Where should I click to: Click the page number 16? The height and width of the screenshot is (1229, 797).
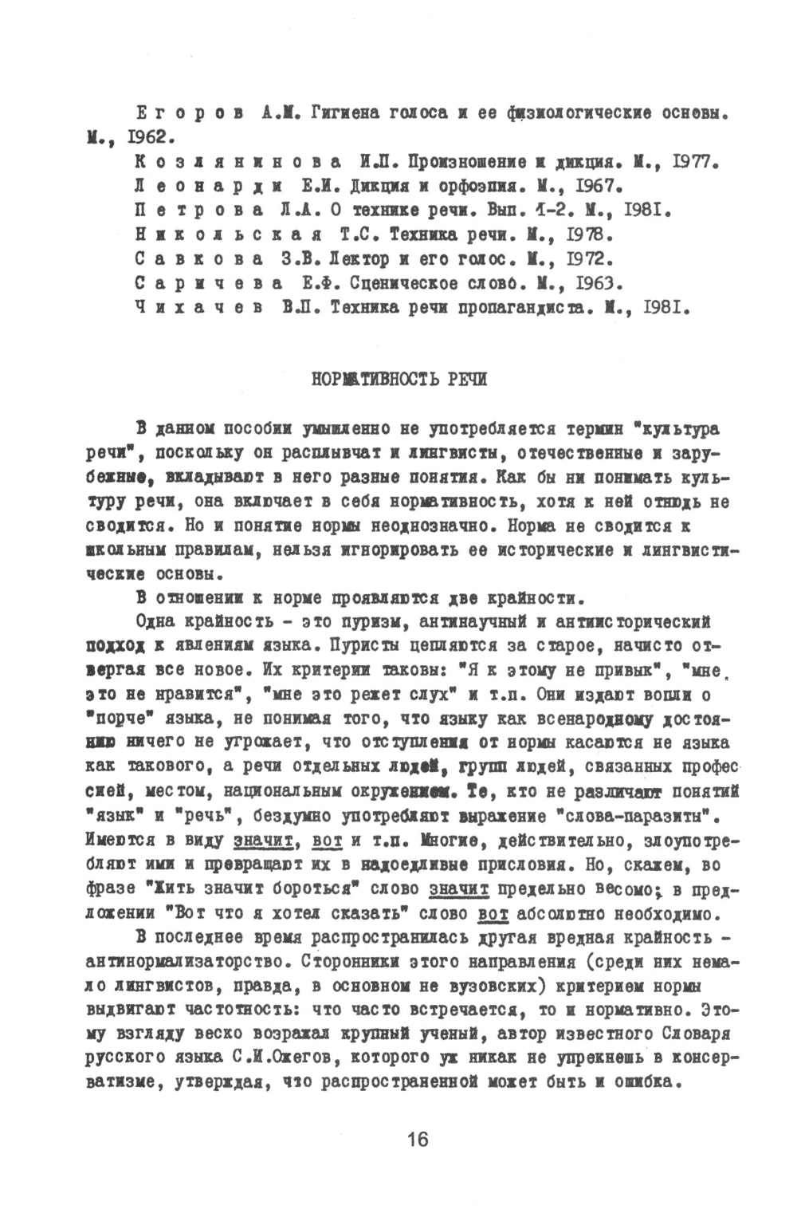point(417,1139)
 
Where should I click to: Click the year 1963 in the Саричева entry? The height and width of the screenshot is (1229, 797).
point(597,284)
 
